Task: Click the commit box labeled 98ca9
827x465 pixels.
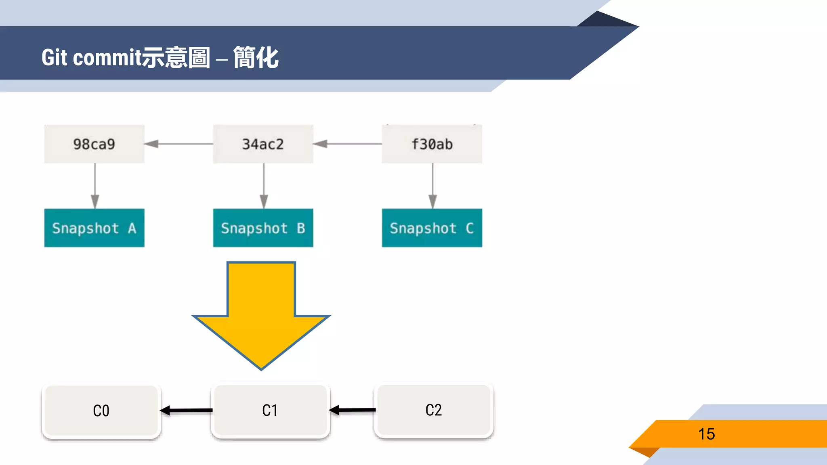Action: click(94, 144)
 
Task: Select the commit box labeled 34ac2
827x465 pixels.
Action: click(263, 144)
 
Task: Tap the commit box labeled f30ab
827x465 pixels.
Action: click(432, 144)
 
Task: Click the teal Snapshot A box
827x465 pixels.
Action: click(94, 228)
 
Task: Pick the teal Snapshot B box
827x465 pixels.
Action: click(263, 228)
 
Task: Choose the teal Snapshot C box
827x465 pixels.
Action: click(432, 228)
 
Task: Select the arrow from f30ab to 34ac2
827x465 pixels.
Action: click(348, 144)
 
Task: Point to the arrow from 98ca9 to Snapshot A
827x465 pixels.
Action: click(95, 186)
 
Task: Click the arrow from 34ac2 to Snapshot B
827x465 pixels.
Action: click(264, 186)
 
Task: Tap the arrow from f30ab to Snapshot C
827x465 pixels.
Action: click(432, 186)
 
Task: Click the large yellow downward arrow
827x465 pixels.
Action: click(261, 315)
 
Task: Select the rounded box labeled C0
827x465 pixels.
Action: click(101, 411)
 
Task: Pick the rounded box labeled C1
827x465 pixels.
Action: click(270, 411)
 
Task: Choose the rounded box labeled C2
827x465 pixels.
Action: click(434, 410)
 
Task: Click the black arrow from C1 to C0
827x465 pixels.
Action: click(186, 411)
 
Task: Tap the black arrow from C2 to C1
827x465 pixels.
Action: click(353, 410)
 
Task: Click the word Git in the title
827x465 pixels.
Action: click(54, 58)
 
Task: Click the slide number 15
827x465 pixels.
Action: click(706, 434)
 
